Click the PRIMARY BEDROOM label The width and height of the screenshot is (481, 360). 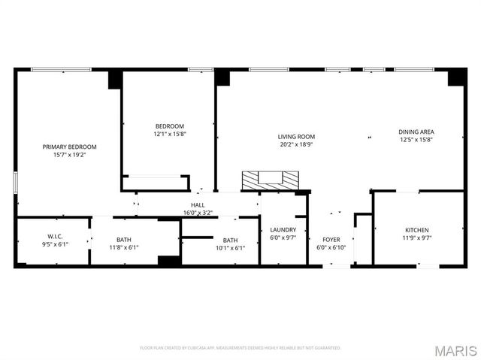(69, 147)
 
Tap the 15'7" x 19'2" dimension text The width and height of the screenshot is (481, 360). (69, 155)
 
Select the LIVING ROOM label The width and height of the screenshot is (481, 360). (295, 137)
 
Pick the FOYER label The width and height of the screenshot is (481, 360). (331, 240)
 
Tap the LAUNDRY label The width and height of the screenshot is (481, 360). (283, 230)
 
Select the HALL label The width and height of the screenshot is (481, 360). (198, 204)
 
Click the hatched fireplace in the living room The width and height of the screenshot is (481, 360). (270, 179)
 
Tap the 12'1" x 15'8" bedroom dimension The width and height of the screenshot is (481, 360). (170, 134)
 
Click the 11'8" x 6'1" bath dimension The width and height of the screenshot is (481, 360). (124, 247)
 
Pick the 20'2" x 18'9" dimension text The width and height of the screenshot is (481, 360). (295, 144)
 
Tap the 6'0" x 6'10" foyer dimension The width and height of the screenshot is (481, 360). (331, 247)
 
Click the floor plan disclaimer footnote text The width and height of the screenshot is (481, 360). (240, 348)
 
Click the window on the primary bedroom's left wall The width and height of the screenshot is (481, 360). (15, 184)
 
